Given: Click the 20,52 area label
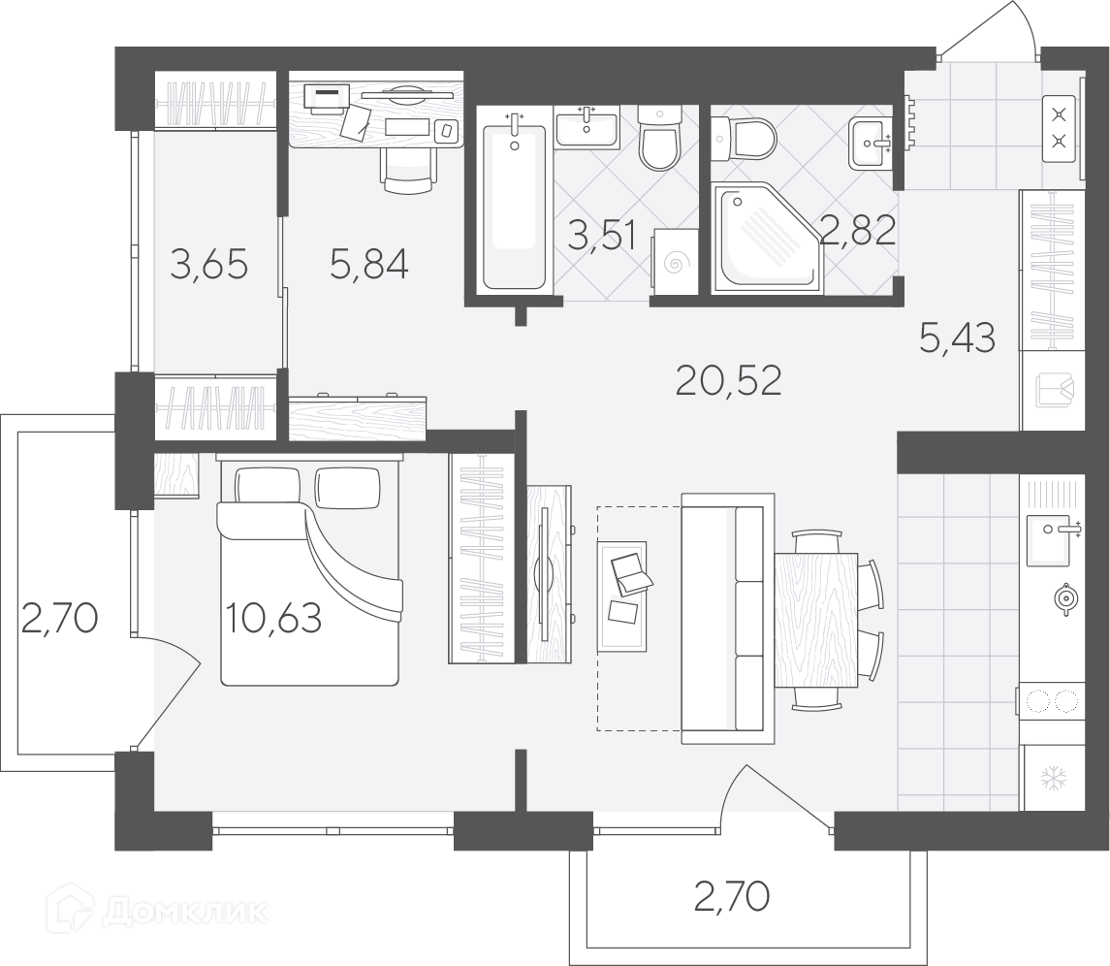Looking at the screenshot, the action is tap(728, 381).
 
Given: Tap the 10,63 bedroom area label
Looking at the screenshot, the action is tap(273, 618).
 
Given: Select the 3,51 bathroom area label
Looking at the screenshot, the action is tap(602, 236).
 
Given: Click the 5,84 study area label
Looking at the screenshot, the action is tap(368, 265).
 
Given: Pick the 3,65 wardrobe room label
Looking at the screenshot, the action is tap(209, 265).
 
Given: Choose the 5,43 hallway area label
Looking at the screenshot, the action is tap(958, 338).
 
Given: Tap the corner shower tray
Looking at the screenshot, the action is tap(769, 238).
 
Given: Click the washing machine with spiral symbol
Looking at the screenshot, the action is tap(673, 263).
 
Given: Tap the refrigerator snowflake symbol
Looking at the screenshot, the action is tap(1054, 779).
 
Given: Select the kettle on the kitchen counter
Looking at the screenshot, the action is tap(1064, 597).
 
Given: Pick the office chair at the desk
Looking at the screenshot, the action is tap(408, 170).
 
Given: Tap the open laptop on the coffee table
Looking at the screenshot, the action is tap(631, 573).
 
